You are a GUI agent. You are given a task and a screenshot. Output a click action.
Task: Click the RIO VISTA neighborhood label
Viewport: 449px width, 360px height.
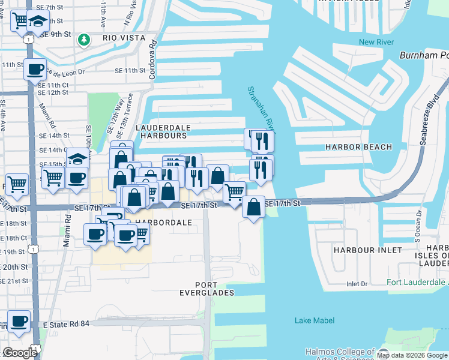[124, 38]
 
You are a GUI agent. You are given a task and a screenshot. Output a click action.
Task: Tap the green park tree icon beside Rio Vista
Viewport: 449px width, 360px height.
[85, 40]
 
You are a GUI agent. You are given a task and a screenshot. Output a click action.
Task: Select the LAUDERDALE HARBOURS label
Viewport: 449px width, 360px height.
[163, 131]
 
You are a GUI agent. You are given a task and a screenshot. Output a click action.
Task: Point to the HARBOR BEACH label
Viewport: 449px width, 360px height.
[358, 147]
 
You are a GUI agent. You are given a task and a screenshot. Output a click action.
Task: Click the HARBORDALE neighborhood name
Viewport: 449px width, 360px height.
[163, 222]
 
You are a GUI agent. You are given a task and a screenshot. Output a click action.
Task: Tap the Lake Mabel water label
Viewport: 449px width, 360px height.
[315, 320]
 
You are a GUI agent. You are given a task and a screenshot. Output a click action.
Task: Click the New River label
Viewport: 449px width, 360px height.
[375, 41]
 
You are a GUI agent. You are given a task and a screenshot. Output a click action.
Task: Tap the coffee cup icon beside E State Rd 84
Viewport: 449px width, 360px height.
[19, 321]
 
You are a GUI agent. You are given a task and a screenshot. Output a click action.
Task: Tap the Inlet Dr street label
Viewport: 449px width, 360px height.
[357, 284]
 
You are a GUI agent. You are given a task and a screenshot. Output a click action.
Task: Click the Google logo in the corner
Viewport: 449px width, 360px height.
[20, 352]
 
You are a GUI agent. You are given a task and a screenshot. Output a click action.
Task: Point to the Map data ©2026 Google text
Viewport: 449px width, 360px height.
[412, 356]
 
